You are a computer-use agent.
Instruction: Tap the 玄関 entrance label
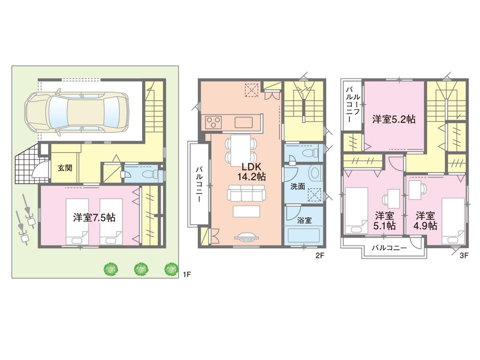[65, 168]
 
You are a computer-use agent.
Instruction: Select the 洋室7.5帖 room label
[94, 217]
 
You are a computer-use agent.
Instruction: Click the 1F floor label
[187, 275]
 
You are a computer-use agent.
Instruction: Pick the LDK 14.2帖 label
[253, 171]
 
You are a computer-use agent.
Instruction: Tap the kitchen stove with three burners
[213, 122]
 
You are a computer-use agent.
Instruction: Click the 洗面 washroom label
[297, 186]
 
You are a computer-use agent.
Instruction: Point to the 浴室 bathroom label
[304, 221]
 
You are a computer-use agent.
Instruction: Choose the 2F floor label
[320, 256]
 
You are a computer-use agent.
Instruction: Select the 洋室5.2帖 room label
[394, 120]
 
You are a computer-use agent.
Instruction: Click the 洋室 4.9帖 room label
[426, 220]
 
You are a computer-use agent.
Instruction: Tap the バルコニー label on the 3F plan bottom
[389, 248]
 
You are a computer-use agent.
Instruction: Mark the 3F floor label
[464, 256]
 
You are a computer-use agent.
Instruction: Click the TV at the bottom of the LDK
[248, 237]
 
